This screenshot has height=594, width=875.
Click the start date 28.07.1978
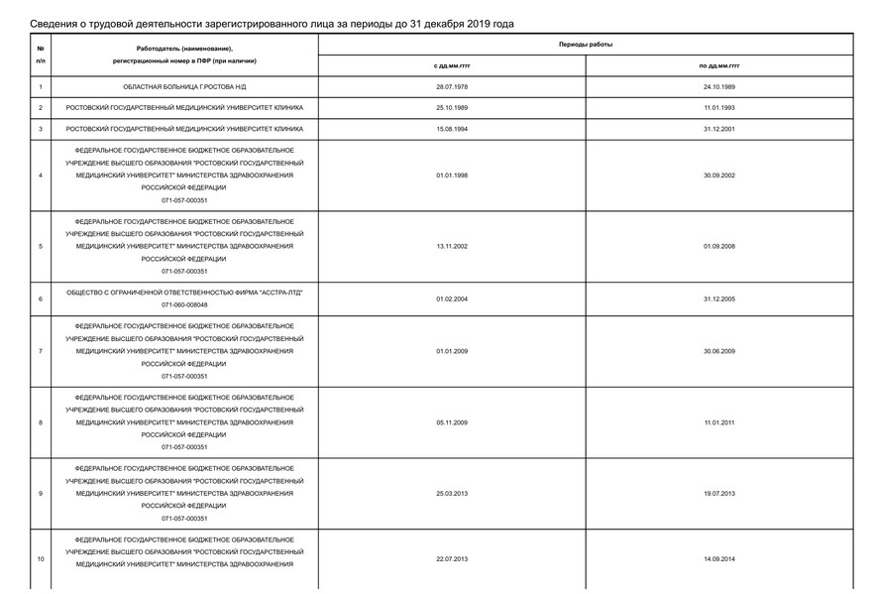click(451, 86)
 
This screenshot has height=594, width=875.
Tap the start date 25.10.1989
click(451, 107)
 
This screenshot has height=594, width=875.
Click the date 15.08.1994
click(451, 129)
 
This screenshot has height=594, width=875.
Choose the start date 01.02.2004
click(451, 298)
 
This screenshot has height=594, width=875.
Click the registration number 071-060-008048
click(184, 305)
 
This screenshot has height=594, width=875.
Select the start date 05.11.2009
click(451, 422)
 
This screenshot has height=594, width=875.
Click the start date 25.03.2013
click(451, 493)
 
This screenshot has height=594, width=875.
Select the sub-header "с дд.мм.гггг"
click(451, 65)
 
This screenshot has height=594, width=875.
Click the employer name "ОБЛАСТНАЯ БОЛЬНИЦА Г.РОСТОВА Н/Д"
click(184, 86)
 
